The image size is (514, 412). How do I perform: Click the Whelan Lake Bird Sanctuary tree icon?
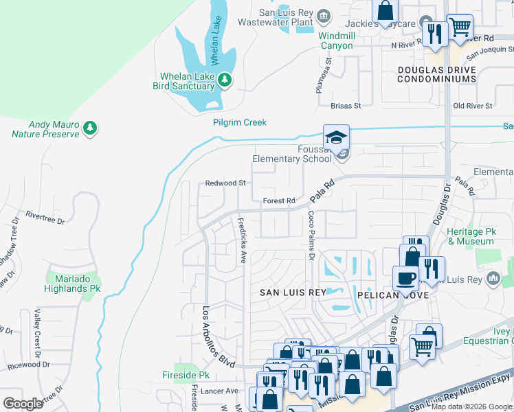(x=224, y=81)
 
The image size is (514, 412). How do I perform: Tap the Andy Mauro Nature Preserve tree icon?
(x=89, y=128)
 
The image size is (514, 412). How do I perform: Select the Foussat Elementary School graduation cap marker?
(x=337, y=137)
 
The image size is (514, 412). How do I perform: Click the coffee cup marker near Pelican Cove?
(x=405, y=279)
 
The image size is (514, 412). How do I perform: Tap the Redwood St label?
(x=225, y=183)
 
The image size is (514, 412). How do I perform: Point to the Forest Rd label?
(x=279, y=201)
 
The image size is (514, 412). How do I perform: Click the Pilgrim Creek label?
(x=239, y=122)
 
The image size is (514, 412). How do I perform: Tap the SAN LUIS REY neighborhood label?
(x=292, y=293)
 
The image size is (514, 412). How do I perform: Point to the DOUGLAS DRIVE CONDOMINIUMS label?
(x=437, y=75)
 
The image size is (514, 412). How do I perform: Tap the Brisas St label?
(x=346, y=106)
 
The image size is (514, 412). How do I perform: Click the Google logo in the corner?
(x=23, y=403)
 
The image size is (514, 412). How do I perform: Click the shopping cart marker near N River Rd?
(x=460, y=28)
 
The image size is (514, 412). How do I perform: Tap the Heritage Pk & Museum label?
(x=471, y=237)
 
